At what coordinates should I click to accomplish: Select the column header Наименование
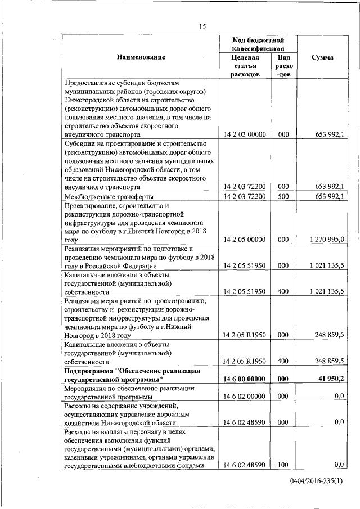pos(141,58)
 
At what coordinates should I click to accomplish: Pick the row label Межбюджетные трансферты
pos(109,196)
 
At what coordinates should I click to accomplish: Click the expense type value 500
pos(283,196)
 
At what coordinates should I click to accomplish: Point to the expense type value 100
pos(283,465)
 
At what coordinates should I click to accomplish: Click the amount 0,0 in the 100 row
pos(339,465)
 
